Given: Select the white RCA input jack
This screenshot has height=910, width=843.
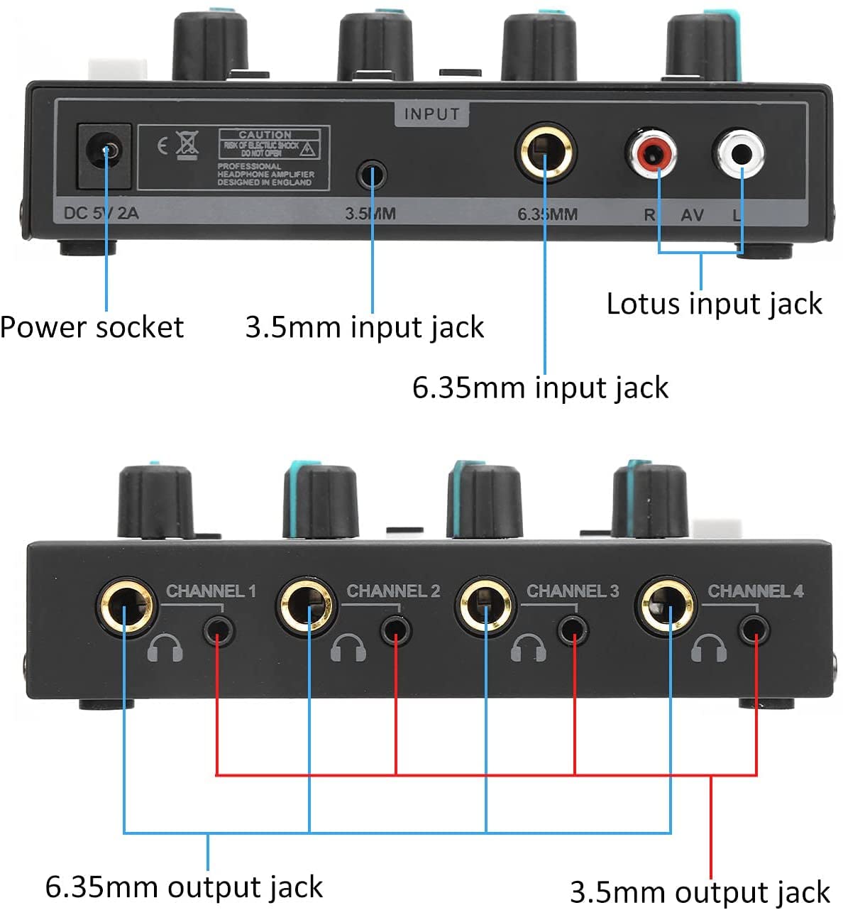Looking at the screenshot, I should click(x=739, y=153).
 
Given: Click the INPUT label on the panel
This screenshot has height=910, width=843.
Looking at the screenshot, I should click(x=431, y=114).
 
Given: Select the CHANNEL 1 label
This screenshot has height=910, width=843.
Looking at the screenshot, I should click(x=211, y=591).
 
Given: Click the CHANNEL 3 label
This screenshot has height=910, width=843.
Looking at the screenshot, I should click(x=572, y=591).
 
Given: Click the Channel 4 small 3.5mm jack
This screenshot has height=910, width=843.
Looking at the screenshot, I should click(x=754, y=630).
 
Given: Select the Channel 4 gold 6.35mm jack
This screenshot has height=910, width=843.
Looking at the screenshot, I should click(x=667, y=608).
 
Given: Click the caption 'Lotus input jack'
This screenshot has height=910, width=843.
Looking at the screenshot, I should click(x=713, y=304).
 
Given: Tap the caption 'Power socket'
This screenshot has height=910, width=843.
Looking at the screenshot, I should click(x=92, y=327).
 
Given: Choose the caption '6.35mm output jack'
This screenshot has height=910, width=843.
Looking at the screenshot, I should click(x=184, y=887).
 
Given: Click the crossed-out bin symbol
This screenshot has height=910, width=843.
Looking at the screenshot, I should click(x=187, y=145).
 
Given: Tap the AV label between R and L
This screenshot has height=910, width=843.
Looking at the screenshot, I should click(x=693, y=214).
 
